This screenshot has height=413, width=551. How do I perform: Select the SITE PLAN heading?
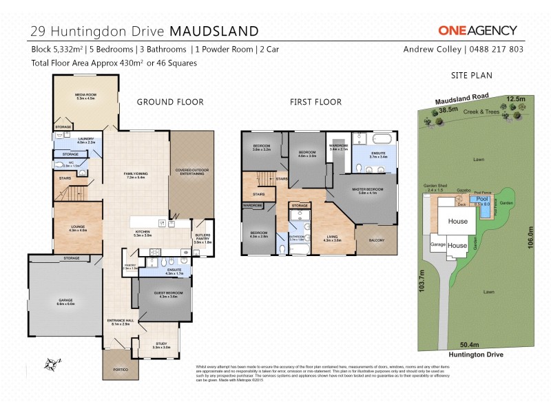(x=470, y=76)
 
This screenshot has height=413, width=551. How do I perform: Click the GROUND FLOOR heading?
(x=170, y=102)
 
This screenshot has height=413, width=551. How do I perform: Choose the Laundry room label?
(x=87, y=140)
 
